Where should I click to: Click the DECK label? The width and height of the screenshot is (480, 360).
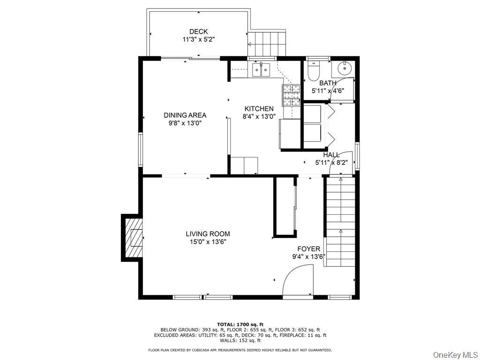(198, 32)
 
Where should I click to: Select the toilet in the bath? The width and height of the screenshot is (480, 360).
(313, 71)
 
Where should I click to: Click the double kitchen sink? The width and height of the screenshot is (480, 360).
(261, 70)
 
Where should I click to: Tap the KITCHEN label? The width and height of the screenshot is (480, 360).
(259, 109)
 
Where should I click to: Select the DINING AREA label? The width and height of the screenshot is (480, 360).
(185, 115)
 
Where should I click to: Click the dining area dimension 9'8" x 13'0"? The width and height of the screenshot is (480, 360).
(185, 123)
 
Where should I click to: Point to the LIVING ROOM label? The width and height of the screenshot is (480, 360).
(208, 234)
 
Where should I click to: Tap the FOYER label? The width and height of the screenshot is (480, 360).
(308, 249)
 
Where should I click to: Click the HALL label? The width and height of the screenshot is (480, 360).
(331, 155)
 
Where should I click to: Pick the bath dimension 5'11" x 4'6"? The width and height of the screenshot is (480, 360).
(328, 91)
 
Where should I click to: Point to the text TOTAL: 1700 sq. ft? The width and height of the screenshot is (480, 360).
(240, 324)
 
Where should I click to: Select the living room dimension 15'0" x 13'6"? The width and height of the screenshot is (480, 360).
(208, 242)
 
